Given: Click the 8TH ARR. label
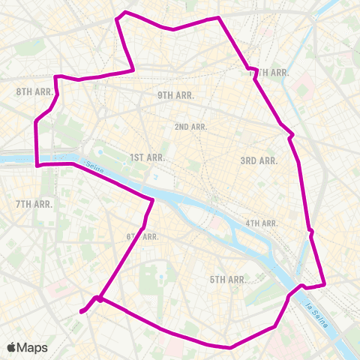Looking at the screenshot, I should pyautogui.click(x=34, y=91).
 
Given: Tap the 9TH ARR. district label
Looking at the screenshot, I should pyautogui.click(x=175, y=95).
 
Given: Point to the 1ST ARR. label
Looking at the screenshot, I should pyautogui.click(x=147, y=157).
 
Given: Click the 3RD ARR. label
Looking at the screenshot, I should pyautogui.click(x=259, y=160).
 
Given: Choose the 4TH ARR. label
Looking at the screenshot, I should pyautogui.click(x=262, y=223).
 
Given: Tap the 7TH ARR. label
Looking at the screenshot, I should pyautogui.click(x=34, y=204).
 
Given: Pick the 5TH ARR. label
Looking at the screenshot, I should pyautogui.click(x=228, y=280).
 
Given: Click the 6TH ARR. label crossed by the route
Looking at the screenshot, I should pyautogui.click(x=142, y=237).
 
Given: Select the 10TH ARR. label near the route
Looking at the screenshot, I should pyautogui.click(x=268, y=72).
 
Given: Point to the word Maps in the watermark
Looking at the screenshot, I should pyautogui.click(x=33, y=347).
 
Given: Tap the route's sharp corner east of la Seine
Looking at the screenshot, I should pyautogui.click(x=325, y=284).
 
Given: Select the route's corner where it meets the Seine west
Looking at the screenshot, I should pyautogui.click(x=37, y=165).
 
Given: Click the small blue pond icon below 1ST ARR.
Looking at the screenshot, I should pyautogui.click(x=155, y=177).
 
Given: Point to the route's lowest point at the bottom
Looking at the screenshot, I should pyautogui.click(x=228, y=347).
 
